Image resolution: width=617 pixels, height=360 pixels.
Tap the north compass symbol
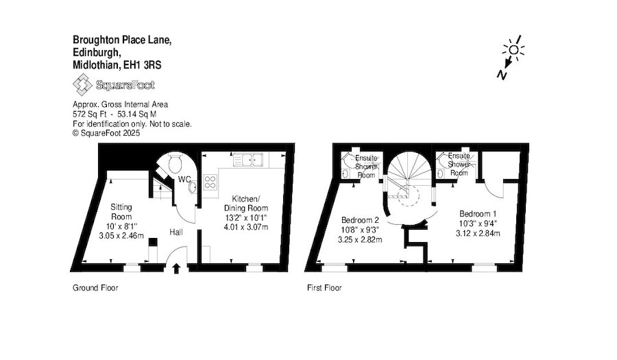pos(511,58)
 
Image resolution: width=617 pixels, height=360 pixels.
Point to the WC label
pos(184,180)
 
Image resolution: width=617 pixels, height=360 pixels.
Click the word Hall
pos(176,233)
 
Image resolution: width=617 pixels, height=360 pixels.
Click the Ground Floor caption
pos(95,288)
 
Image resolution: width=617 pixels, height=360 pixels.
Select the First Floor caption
pos(324,288)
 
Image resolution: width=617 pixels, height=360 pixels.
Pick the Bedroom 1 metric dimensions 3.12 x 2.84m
pos(480,233)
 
